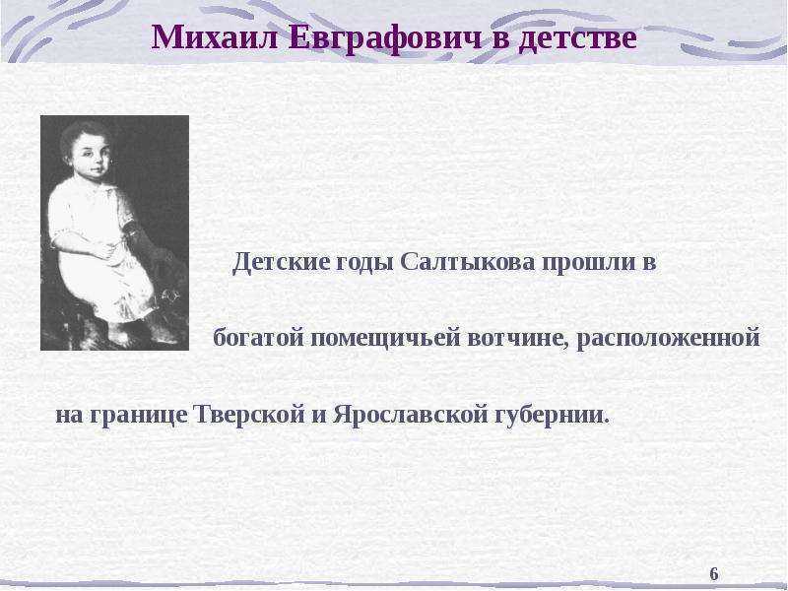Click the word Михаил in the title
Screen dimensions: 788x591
click(x=215, y=37)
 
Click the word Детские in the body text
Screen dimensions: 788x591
click(x=282, y=262)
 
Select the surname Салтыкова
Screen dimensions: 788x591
click(x=468, y=262)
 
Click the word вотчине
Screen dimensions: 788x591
click(x=518, y=338)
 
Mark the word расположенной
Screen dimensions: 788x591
click(x=668, y=339)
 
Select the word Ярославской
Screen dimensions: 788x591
click(x=410, y=414)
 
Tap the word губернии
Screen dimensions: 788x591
click(x=552, y=415)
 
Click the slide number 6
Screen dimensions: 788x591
click(x=713, y=573)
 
